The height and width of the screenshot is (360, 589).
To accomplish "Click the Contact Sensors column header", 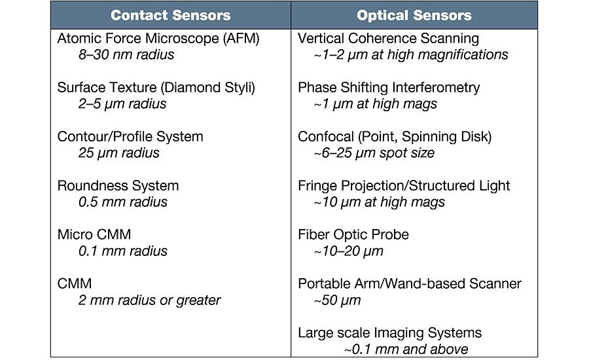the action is [x=171, y=16].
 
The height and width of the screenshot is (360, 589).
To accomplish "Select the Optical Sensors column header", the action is [x=414, y=16].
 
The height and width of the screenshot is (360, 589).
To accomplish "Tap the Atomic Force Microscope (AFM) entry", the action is [x=158, y=39].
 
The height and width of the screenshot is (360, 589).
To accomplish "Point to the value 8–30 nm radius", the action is [x=126, y=55].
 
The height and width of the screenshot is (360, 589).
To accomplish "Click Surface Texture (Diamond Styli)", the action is [x=156, y=88].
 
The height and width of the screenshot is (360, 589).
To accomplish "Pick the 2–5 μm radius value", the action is [x=122, y=104].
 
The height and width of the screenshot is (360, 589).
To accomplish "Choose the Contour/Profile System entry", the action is [x=130, y=137].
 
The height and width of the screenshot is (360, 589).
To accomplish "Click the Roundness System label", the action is [x=118, y=186].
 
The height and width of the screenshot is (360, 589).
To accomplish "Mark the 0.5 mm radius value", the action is [x=123, y=202].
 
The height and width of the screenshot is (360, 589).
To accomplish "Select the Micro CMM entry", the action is [x=94, y=235].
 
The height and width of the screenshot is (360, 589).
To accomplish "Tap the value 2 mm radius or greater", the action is [x=149, y=300].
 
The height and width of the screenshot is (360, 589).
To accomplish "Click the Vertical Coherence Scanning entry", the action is [x=388, y=39].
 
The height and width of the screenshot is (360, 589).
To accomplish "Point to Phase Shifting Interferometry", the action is [x=389, y=88].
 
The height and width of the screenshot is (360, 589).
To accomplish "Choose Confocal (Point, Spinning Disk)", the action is [x=395, y=137].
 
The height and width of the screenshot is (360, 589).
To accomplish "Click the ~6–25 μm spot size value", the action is [x=374, y=153].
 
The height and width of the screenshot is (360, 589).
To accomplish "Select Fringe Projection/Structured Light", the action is [x=404, y=186].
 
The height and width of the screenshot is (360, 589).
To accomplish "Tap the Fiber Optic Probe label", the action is [x=353, y=235].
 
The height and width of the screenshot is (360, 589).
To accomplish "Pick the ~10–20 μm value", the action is [x=349, y=251].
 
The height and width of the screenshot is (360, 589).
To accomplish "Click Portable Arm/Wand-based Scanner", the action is [x=410, y=283].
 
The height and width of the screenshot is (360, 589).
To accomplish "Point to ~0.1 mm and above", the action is [x=406, y=350].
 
